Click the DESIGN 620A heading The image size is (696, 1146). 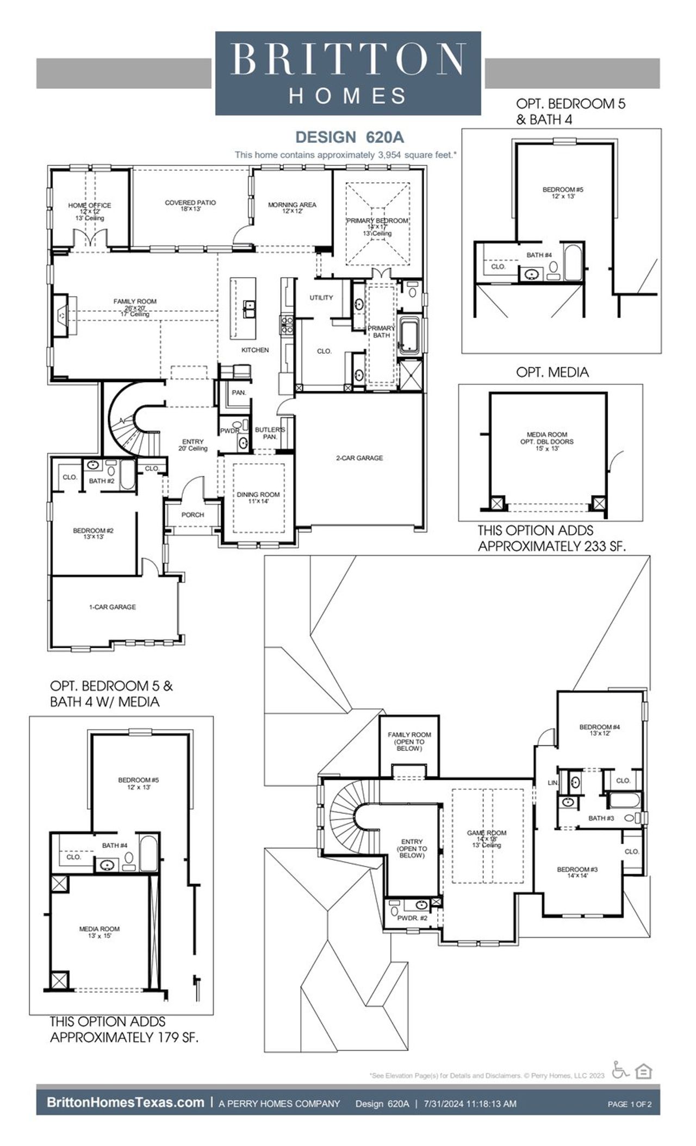pos(349,136)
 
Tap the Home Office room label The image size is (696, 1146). pos(90,205)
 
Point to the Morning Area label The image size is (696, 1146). pos(292,205)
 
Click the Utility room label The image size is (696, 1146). pos(321,298)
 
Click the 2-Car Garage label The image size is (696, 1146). pos(359,458)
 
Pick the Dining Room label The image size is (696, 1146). pos(258,494)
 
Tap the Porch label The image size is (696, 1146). pos(192,515)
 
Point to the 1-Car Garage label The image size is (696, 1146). pos(113,607)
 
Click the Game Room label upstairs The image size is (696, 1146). pos(487,833)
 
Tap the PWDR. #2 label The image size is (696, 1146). pos(412,918)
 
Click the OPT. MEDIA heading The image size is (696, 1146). pos(552,372)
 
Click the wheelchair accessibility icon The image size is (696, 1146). pos(619,1070)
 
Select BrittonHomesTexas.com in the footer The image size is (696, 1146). pos(125,1103)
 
